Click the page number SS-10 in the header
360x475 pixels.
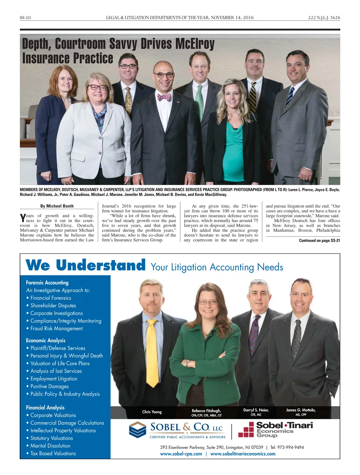(25, 18)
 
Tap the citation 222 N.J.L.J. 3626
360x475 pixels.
(324, 18)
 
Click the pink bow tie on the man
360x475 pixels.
(164, 97)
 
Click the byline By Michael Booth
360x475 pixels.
(57, 206)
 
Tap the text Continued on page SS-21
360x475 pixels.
(319, 241)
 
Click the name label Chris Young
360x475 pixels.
(152, 412)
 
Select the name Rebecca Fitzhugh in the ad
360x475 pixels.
(206, 411)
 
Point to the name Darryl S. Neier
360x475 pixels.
(256, 410)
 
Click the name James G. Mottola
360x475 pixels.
(301, 410)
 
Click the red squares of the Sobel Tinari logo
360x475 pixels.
(246, 430)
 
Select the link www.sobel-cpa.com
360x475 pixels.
(181, 454)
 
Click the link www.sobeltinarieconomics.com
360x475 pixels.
(243, 454)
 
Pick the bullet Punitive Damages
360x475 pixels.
(50, 386)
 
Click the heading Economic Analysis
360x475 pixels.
(46, 340)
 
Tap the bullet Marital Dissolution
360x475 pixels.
(50, 446)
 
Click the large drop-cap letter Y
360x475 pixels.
(23, 218)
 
